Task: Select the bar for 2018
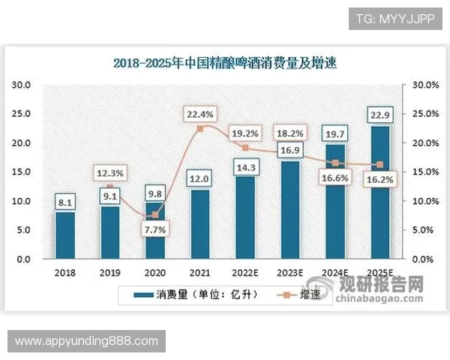coord(65,235)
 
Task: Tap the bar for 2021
coord(200,224)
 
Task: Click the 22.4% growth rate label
coord(200,115)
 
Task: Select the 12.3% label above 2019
coord(110,173)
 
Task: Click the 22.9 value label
coord(380,114)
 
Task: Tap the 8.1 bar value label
coord(65,201)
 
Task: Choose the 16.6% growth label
coord(335,177)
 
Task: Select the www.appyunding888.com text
coord(87,341)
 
